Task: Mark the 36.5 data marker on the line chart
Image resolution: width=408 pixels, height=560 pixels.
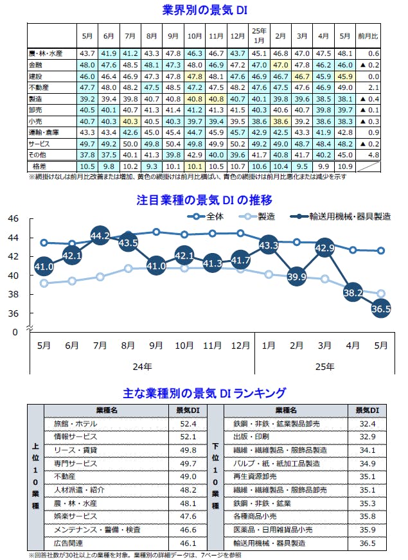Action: [381, 309]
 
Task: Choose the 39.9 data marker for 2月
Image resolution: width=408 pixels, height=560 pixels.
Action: [297, 277]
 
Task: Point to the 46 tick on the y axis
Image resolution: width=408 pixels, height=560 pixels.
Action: [12, 218]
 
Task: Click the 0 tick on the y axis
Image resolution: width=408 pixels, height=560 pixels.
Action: [15, 332]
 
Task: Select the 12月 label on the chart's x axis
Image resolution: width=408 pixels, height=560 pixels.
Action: [241, 346]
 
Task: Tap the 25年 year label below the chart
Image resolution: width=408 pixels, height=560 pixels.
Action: [325, 367]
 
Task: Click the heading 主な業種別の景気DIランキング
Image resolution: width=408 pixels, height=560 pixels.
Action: [204, 392]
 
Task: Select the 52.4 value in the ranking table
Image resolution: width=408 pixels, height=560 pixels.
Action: [188, 424]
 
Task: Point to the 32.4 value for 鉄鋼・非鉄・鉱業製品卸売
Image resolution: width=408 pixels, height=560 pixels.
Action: [368, 424]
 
